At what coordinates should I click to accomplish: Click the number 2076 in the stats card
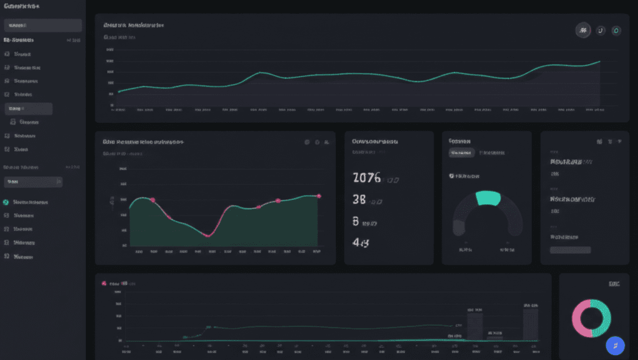pyautogui.click(x=366, y=178)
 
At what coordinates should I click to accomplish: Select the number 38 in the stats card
pyautogui.click(x=359, y=200)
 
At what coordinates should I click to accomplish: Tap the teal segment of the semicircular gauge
pyautogui.click(x=488, y=198)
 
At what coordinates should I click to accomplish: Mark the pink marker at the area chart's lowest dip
pyautogui.click(x=207, y=235)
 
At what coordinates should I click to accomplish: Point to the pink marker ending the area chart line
pyautogui.click(x=319, y=196)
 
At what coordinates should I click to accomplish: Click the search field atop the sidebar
pyautogui.click(x=43, y=26)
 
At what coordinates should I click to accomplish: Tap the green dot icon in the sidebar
pyautogui.click(x=6, y=202)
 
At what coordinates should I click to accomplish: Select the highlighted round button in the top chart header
pyautogui.click(x=583, y=30)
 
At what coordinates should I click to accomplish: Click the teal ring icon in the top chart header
pyautogui.click(x=616, y=30)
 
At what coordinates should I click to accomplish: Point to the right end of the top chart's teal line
pyautogui.click(x=599, y=61)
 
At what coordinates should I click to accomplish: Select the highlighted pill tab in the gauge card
pyautogui.click(x=462, y=153)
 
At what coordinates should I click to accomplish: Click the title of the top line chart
pyautogui.click(x=133, y=26)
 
